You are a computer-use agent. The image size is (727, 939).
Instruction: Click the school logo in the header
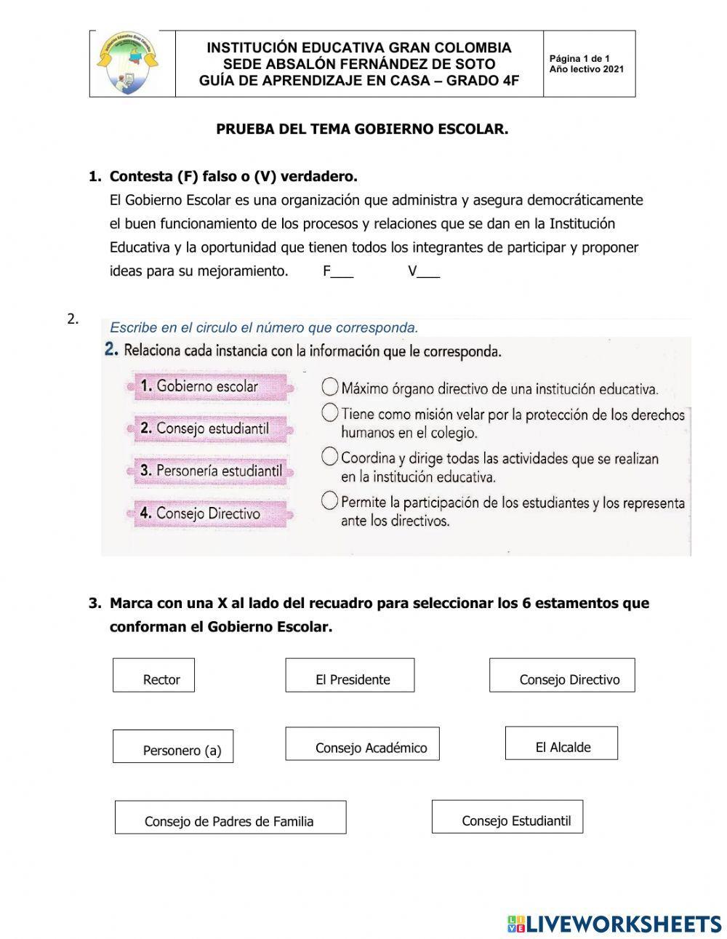coord(127,64)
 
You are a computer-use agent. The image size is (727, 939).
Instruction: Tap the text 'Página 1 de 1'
coord(579,59)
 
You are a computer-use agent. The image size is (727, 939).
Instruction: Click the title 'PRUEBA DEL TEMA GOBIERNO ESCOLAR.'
coord(362,129)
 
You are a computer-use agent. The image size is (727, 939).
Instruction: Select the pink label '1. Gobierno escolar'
coord(207,386)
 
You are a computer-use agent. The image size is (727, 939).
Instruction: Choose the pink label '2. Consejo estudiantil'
coord(212,428)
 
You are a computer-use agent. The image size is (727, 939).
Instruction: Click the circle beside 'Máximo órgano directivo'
coord(330,386)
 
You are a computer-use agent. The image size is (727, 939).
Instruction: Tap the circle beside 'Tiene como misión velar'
coord(330,413)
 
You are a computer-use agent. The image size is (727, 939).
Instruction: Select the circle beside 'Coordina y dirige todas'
coord(330,457)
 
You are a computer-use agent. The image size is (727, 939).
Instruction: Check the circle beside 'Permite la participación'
coord(330,500)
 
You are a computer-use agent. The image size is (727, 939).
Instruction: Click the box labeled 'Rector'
coord(153,675)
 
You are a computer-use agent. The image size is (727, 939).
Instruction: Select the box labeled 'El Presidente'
coord(350,675)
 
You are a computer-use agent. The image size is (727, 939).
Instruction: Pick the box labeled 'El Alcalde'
coord(561,743)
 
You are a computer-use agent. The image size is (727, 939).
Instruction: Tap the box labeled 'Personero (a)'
coord(173,746)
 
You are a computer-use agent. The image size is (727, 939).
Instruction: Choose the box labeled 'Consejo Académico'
coord(362,743)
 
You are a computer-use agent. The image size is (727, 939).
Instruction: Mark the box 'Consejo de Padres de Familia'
coord(230,817)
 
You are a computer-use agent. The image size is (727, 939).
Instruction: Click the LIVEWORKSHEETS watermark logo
coord(614,924)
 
